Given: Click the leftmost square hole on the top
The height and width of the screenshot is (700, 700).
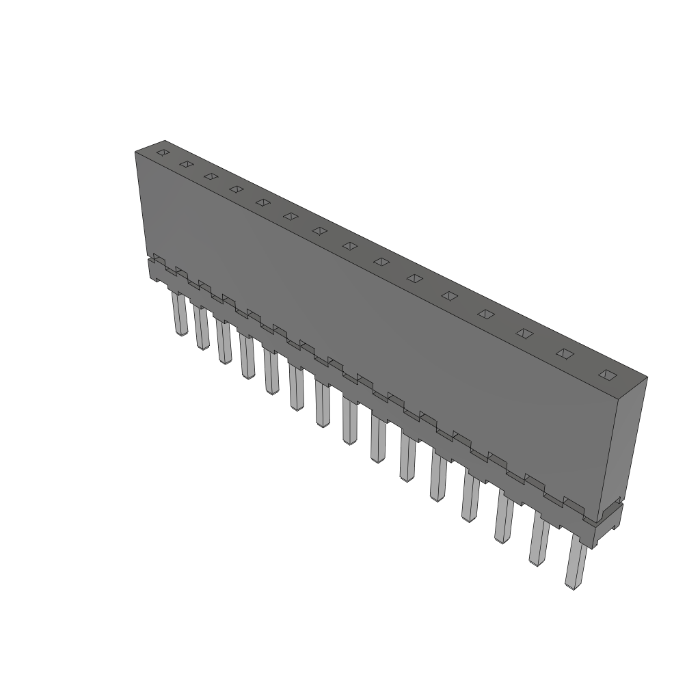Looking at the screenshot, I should (x=162, y=152).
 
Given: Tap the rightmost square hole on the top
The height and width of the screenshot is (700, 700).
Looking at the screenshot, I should (x=606, y=375).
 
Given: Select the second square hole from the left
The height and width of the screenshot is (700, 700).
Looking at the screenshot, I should (x=185, y=164).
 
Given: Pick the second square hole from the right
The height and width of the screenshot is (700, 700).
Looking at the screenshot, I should (x=564, y=353).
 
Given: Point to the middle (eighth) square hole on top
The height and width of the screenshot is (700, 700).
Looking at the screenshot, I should (x=349, y=245).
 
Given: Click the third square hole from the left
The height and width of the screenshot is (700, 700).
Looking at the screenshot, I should (x=211, y=176).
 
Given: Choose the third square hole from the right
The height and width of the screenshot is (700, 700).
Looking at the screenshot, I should (x=524, y=333).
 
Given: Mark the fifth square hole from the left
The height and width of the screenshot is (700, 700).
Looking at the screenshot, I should (x=263, y=202).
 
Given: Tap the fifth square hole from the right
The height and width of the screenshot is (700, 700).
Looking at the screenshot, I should (x=449, y=295).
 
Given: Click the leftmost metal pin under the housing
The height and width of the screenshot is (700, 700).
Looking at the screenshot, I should (x=180, y=314).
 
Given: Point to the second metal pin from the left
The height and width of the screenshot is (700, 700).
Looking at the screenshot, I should (x=200, y=328).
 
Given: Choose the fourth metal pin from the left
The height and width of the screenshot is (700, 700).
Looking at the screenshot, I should (x=247, y=356).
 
